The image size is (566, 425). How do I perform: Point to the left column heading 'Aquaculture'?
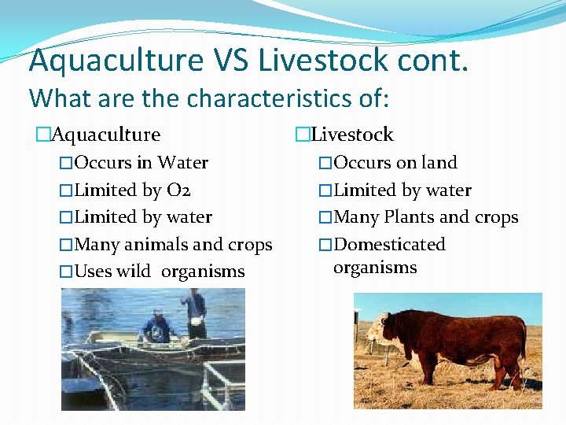click(105, 135)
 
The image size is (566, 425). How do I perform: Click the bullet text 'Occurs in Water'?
click(141, 163)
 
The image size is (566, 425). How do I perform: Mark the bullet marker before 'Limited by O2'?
click(66, 190)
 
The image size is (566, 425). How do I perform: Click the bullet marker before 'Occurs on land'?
click(325, 163)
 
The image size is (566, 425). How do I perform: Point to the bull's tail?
click(525, 338)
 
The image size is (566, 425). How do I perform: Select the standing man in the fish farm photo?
click(194, 312)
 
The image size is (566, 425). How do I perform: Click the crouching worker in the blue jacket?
click(156, 327)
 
